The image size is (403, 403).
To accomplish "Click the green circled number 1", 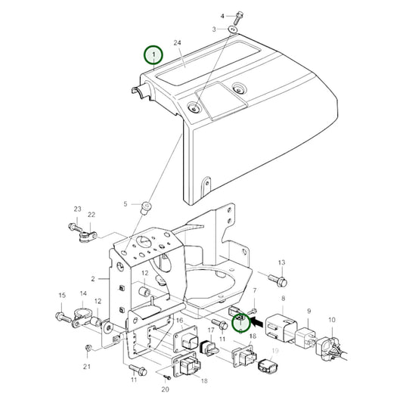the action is point(153,54).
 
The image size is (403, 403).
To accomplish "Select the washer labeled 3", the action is point(233,29).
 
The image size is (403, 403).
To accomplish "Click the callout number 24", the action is point(178,43).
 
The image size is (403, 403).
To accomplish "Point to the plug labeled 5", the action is point(146,208).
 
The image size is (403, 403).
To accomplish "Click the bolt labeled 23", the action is point(76,228).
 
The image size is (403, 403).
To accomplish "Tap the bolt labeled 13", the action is point(277,281).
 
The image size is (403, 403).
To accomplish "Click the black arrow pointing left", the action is point(258,322).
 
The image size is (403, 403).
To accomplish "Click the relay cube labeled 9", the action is point(305,336).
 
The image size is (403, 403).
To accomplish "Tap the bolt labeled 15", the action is point(64,318).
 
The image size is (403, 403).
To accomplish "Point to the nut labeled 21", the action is point(88,349).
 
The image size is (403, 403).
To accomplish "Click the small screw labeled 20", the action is point(167,377).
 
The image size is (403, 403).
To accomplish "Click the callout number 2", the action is point(93,278).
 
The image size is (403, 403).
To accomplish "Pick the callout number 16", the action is point(179,321).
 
